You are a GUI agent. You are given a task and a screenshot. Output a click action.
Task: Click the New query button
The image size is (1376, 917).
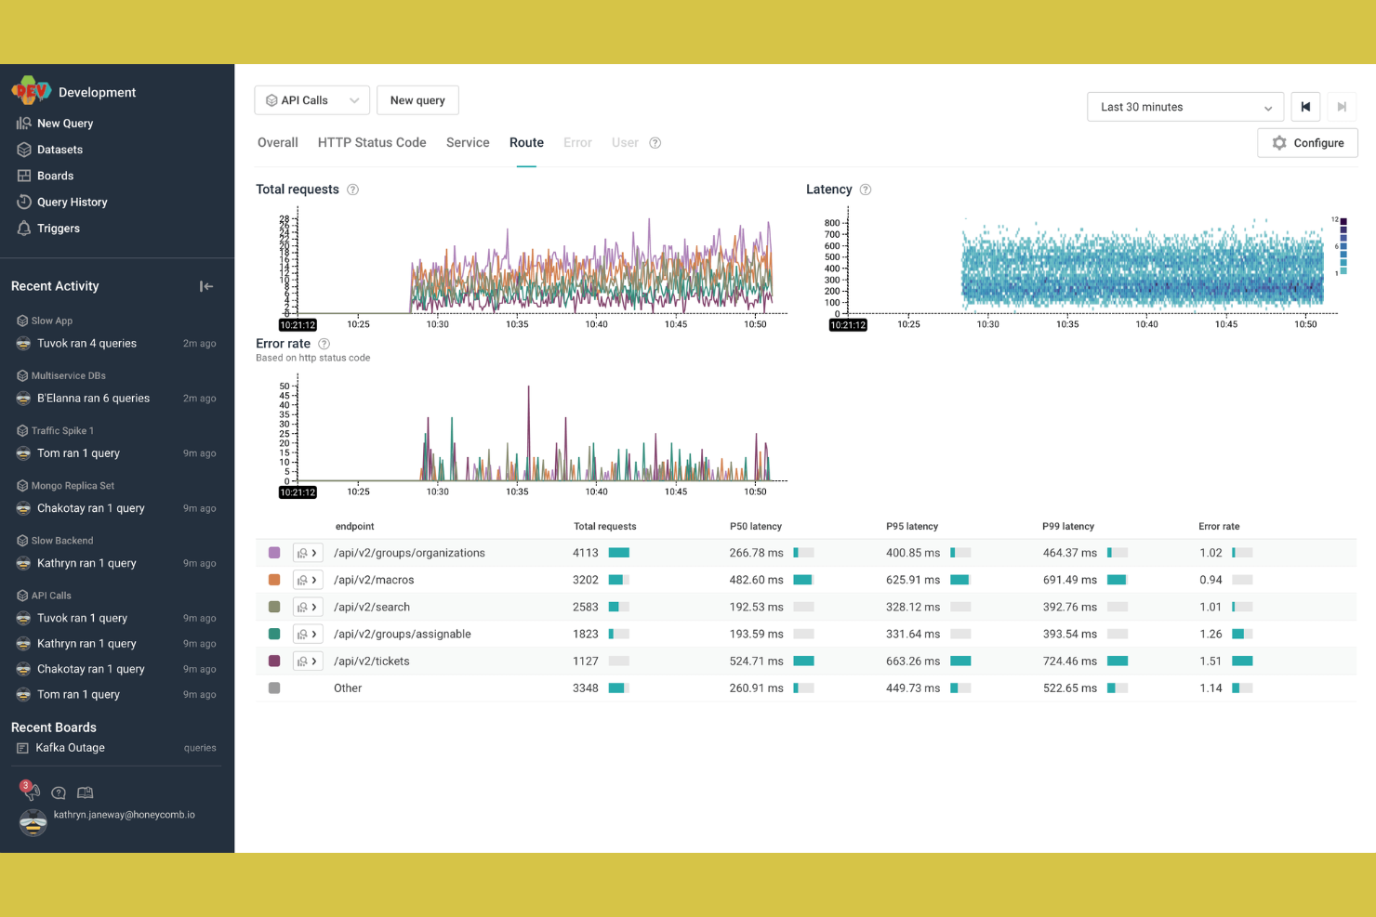coord(417,100)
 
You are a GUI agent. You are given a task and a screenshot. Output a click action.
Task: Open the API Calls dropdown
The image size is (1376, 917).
coord(311,100)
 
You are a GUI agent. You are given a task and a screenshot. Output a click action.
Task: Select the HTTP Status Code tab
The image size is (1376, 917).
coord(372,143)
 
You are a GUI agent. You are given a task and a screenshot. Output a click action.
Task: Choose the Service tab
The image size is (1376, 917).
coord(468,143)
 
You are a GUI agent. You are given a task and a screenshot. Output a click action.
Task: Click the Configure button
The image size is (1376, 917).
coord(1307,143)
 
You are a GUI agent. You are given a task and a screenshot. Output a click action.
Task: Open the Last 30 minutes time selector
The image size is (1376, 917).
coord(1184,107)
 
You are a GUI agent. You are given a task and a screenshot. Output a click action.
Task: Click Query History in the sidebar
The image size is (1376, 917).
coord(72,203)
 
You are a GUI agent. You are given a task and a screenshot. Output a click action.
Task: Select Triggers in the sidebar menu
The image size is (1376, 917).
coord(58,229)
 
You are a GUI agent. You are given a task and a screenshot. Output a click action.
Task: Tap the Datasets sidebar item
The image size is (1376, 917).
coord(60,150)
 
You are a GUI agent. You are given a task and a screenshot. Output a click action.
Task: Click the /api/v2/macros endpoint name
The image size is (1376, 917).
coord(374,580)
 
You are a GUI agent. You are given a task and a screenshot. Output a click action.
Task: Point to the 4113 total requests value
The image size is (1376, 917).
coord(586,553)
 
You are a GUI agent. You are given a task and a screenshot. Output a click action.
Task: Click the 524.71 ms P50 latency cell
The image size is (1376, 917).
coord(756,662)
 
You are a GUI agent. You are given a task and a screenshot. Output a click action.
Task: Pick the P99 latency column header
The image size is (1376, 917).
coord(1068,527)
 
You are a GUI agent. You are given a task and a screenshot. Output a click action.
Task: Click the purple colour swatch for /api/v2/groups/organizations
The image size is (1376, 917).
coord(274,553)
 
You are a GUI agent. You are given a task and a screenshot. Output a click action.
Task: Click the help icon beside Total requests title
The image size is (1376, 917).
coord(353,190)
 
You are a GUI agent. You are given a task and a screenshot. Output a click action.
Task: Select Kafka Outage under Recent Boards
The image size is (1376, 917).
coord(70,748)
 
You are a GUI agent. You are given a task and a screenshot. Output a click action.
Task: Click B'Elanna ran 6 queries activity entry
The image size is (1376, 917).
coord(93,399)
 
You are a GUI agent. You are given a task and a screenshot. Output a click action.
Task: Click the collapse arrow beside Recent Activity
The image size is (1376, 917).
coord(206,286)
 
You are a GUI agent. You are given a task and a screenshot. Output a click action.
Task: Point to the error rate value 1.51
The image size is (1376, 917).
coord(1211,662)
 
